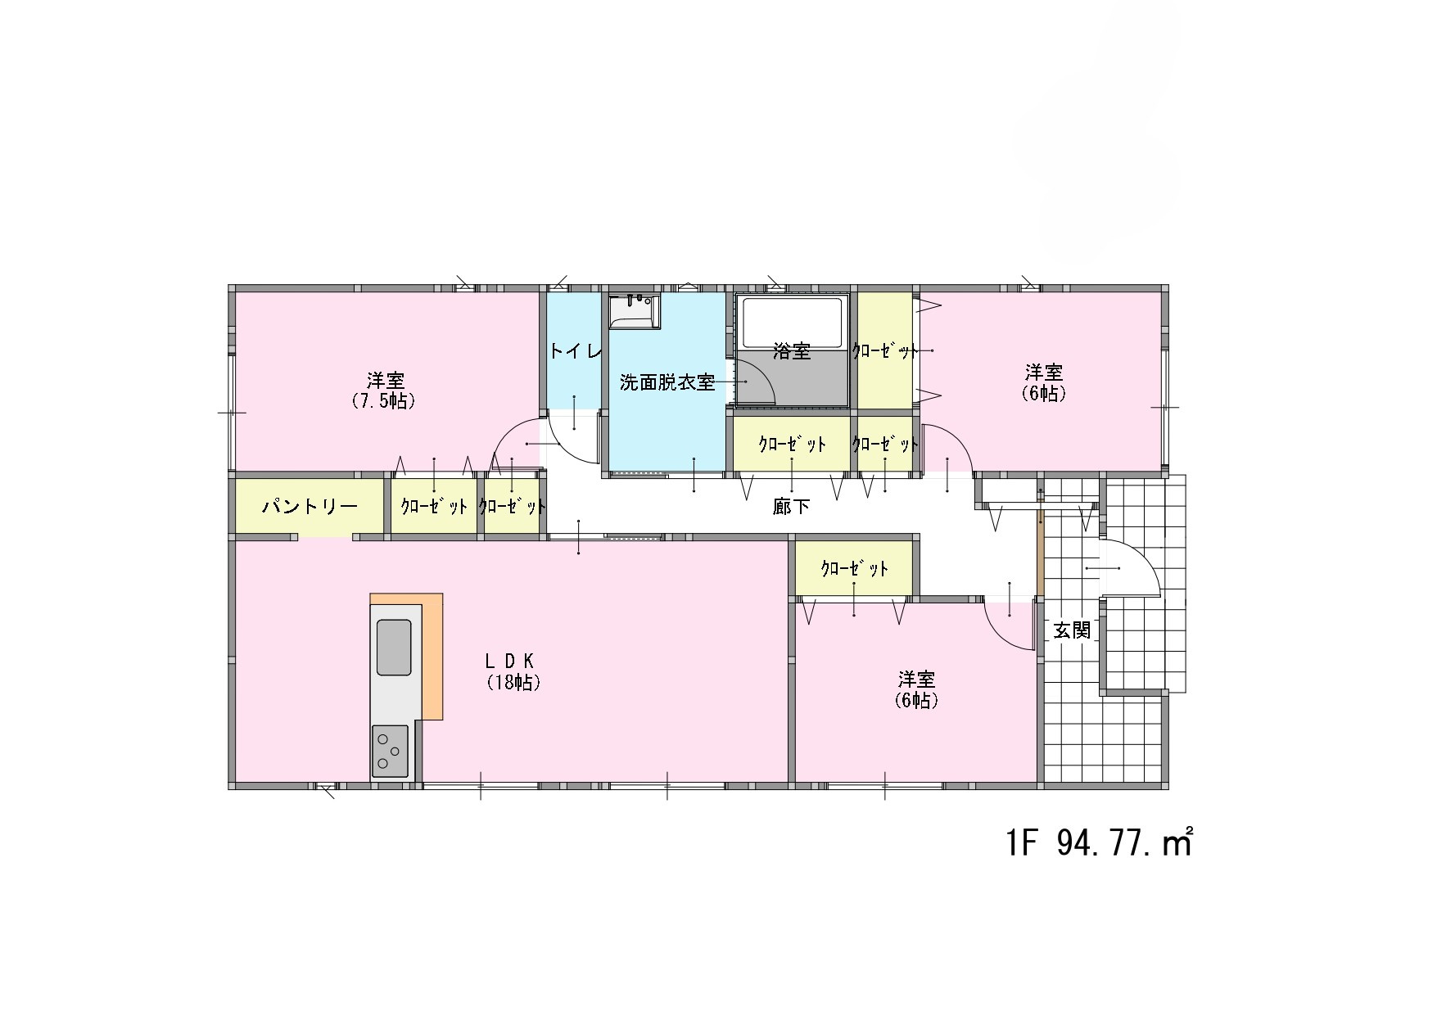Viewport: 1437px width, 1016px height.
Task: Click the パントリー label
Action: (310, 507)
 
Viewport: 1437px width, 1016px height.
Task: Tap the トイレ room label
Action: (576, 352)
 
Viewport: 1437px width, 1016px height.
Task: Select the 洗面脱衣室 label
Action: (667, 382)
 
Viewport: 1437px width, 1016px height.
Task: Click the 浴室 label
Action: (792, 352)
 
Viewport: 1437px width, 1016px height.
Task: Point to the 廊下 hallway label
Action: (791, 507)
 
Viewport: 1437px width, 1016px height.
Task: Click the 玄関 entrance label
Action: (1072, 630)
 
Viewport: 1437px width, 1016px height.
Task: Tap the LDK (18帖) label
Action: (513, 671)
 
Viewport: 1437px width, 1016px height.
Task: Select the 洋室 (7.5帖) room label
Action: (384, 391)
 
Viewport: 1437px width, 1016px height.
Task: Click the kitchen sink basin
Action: (394, 648)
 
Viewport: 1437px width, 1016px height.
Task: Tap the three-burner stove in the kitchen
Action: (390, 751)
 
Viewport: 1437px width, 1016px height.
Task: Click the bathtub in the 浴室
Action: (792, 322)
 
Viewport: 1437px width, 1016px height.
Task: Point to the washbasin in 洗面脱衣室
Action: (635, 311)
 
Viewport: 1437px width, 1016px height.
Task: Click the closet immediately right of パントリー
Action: (434, 507)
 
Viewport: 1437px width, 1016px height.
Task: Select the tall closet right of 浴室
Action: (884, 350)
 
